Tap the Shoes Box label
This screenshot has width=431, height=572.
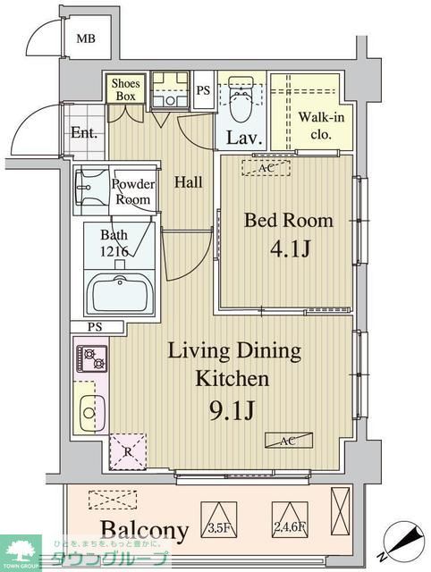click(123, 89)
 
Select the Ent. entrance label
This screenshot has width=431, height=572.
click(83, 133)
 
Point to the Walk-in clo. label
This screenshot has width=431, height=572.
click(315, 126)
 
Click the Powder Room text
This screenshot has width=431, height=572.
click(132, 192)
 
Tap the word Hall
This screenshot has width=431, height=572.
click(188, 182)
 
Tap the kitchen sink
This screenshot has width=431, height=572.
click(89, 411)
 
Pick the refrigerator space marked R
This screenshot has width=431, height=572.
click(127, 451)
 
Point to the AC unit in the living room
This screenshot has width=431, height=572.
click(289, 440)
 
